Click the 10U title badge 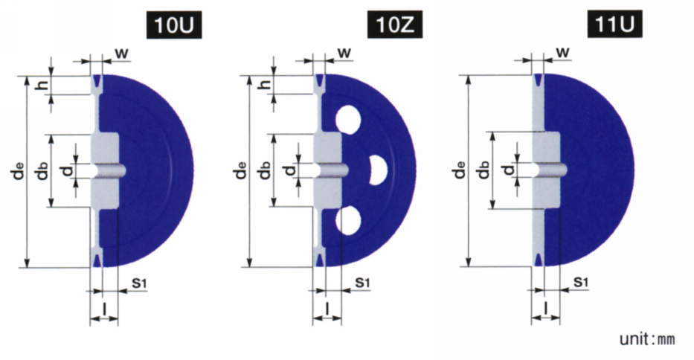(x=174, y=25)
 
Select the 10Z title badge (x=395, y=25)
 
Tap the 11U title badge (x=614, y=25)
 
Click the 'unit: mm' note (x=647, y=339)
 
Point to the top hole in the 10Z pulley (x=348, y=120)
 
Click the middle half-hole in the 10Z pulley (x=378, y=170)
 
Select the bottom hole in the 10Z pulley (x=348, y=220)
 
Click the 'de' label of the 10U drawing (x=19, y=171)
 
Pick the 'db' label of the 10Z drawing (x=265, y=170)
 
